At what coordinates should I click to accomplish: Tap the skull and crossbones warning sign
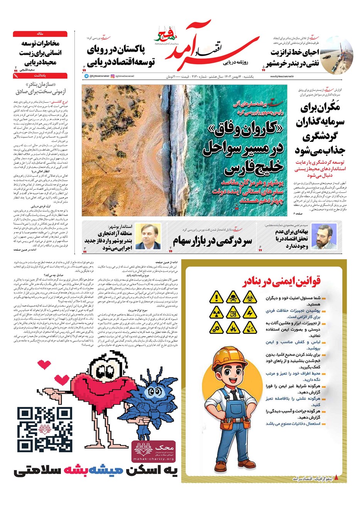pyautogui.click(x=233, y=297)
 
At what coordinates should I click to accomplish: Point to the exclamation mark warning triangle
pyautogui.click(x=217, y=297)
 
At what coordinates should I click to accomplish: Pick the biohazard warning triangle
pyautogui.click(x=250, y=297)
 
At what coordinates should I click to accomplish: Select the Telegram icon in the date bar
pyautogui.click(x=86, y=76)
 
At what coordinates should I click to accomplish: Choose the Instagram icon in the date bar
pyautogui.click(x=113, y=76)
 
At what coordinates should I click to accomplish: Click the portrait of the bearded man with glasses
pyautogui.click(x=324, y=237)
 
